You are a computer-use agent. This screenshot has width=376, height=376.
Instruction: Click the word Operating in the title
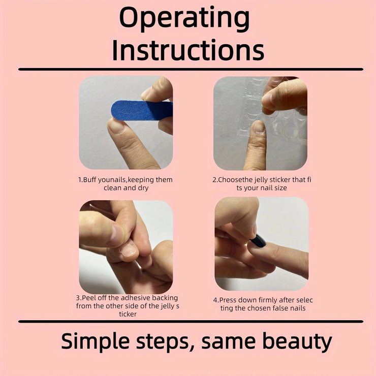184,19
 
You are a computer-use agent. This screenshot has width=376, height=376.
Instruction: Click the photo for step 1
126,122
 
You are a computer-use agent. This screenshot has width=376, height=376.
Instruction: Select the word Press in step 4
227,300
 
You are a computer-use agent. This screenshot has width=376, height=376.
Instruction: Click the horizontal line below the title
191,69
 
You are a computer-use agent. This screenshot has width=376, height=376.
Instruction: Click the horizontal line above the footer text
191,321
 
